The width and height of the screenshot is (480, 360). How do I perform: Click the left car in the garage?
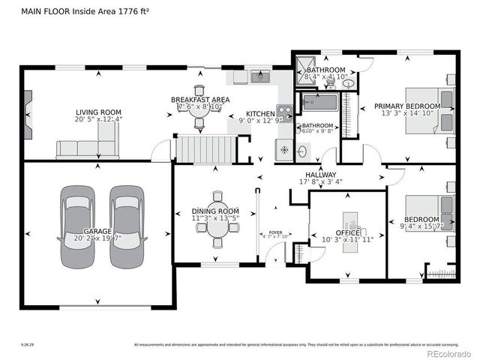(78, 227)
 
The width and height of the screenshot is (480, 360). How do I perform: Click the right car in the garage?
(125, 227)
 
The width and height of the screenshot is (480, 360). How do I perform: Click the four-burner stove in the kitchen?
(284, 112)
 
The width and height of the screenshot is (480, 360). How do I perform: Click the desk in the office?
(349, 224)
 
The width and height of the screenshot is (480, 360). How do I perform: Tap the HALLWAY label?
(320, 174)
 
